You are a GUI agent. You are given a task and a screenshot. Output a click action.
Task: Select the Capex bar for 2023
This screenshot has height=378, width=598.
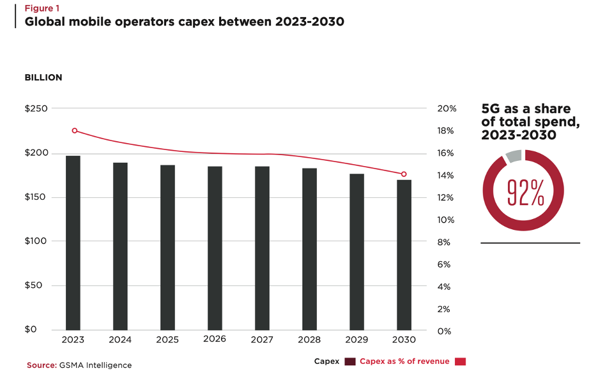point(73,243)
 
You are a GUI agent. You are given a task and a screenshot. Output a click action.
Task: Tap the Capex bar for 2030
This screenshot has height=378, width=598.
point(404,255)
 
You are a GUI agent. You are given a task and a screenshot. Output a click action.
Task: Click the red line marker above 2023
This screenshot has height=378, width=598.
point(75,131)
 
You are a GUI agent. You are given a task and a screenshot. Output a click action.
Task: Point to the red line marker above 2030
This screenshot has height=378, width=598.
point(403,174)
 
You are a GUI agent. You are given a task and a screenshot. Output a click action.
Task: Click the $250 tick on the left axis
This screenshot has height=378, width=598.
point(36,109)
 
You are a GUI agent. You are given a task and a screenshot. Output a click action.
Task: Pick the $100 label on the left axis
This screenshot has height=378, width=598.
point(36,241)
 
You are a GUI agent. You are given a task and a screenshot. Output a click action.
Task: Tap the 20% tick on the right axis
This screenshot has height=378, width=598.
point(447,109)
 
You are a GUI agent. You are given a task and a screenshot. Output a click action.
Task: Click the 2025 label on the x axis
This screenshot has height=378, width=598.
point(167,340)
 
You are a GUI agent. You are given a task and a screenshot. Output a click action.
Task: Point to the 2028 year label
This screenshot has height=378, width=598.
point(309,340)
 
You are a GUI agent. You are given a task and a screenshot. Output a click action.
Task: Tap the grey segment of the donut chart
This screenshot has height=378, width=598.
point(513,156)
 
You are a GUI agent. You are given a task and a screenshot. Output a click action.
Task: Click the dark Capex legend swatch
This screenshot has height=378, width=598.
point(349,362)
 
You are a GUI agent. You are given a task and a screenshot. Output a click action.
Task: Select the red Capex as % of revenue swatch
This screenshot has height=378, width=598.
point(461,362)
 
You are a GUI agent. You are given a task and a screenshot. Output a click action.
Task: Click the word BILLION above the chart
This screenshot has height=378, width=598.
point(43,77)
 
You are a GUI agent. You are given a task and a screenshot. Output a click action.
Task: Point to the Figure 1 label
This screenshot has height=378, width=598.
point(42,10)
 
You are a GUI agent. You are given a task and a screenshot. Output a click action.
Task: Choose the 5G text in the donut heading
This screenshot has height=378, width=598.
point(492,109)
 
